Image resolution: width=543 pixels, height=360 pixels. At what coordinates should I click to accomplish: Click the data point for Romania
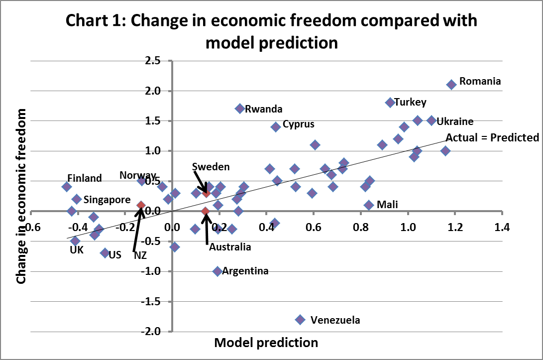(x=451, y=85)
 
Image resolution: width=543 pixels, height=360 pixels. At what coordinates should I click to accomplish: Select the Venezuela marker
(x=300, y=319)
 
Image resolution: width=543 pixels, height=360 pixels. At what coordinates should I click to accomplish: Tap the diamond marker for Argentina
(x=217, y=271)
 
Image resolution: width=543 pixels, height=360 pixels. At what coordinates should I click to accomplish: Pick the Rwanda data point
(x=240, y=109)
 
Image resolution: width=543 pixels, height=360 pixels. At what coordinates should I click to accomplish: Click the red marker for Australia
(x=205, y=211)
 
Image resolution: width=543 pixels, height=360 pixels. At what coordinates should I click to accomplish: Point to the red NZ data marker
(x=141, y=205)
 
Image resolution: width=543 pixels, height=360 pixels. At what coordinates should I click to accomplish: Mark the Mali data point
(x=369, y=205)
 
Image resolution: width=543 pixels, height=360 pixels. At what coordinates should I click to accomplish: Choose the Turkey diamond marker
(x=390, y=103)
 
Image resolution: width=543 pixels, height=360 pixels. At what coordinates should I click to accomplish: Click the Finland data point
(x=67, y=187)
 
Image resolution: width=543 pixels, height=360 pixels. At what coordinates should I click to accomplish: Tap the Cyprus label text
(x=298, y=124)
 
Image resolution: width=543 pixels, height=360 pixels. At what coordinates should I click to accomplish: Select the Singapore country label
(x=107, y=200)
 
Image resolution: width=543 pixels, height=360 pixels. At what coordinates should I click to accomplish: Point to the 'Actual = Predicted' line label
(x=492, y=137)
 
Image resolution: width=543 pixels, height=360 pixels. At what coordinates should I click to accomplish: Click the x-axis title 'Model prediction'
(x=266, y=343)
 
